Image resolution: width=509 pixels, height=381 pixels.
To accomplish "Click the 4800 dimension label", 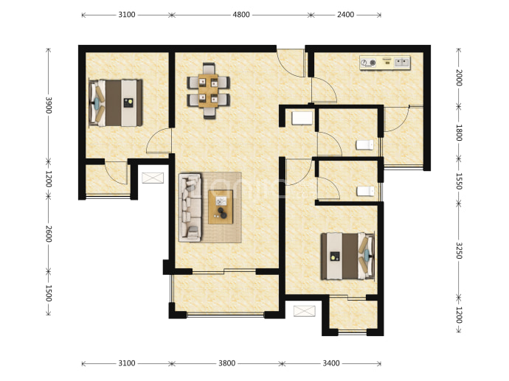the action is pyautogui.click(x=241, y=15).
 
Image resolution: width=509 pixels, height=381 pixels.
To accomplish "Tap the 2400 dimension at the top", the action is pyautogui.click(x=345, y=15).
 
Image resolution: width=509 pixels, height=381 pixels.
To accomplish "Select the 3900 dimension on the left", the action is pyautogui.click(x=49, y=105).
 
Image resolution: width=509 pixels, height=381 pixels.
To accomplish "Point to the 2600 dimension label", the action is pyautogui.click(x=49, y=234).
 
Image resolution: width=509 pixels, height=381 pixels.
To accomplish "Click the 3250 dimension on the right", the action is pyautogui.click(x=459, y=251).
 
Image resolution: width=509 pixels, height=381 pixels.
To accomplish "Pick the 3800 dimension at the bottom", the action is pyautogui.click(x=226, y=363).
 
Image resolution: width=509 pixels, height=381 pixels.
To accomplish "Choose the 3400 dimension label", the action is pyautogui.click(x=330, y=363).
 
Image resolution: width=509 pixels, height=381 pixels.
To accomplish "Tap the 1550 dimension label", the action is pyautogui.click(x=459, y=181).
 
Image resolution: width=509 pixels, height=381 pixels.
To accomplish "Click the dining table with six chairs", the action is pyautogui.click(x=209, y=91).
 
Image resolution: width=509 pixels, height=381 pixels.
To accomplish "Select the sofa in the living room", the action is pyautogui.click(x=190, y=207).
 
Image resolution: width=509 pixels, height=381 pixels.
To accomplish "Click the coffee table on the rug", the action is pyautogui.click(x=221, y=207).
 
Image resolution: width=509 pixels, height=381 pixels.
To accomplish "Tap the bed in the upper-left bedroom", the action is pyautogui.click(x=116, y=102).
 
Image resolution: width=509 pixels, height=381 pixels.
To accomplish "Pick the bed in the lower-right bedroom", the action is pyautogui.click(x=347, y=256).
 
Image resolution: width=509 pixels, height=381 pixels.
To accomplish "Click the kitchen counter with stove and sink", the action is pyautogui.click(x=385, y=62).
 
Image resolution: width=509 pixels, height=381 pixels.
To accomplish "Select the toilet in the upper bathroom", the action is pyautogui.click(x=364, y=144).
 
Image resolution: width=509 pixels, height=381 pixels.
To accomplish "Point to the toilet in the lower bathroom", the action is pyautogui.click(x=365, y=191).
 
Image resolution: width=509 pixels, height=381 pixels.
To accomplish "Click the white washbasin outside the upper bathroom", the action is pyautogui.click(x=302, y=118).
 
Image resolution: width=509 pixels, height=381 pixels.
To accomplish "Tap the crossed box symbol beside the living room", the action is pyautogui.click(x=153, y=178).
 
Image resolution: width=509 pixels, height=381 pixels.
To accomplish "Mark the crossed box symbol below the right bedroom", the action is pyautogui.click(x=304, y=311).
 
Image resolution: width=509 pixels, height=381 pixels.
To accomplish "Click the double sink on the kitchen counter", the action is pyautogui.click(x=402, y=62).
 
